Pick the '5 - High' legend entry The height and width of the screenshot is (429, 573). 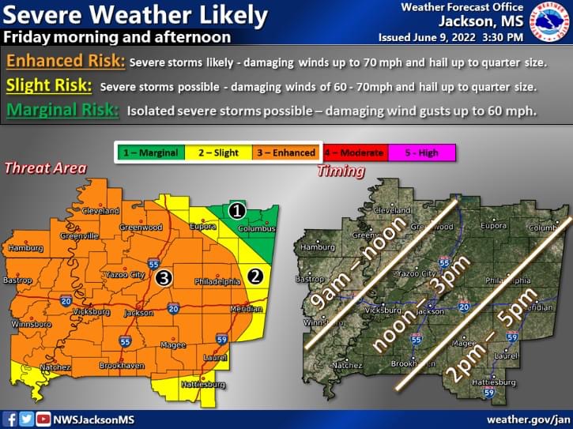pos(423,152)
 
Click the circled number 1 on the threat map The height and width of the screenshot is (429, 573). pos(236,211)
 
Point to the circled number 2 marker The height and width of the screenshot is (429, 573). pos(255,276)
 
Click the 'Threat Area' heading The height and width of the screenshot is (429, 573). pos(45,167)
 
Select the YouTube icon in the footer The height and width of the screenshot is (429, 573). pos(43,419)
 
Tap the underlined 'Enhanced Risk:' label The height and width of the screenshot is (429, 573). pos(63,60)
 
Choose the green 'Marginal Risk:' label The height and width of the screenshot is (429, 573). pos(62,111)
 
